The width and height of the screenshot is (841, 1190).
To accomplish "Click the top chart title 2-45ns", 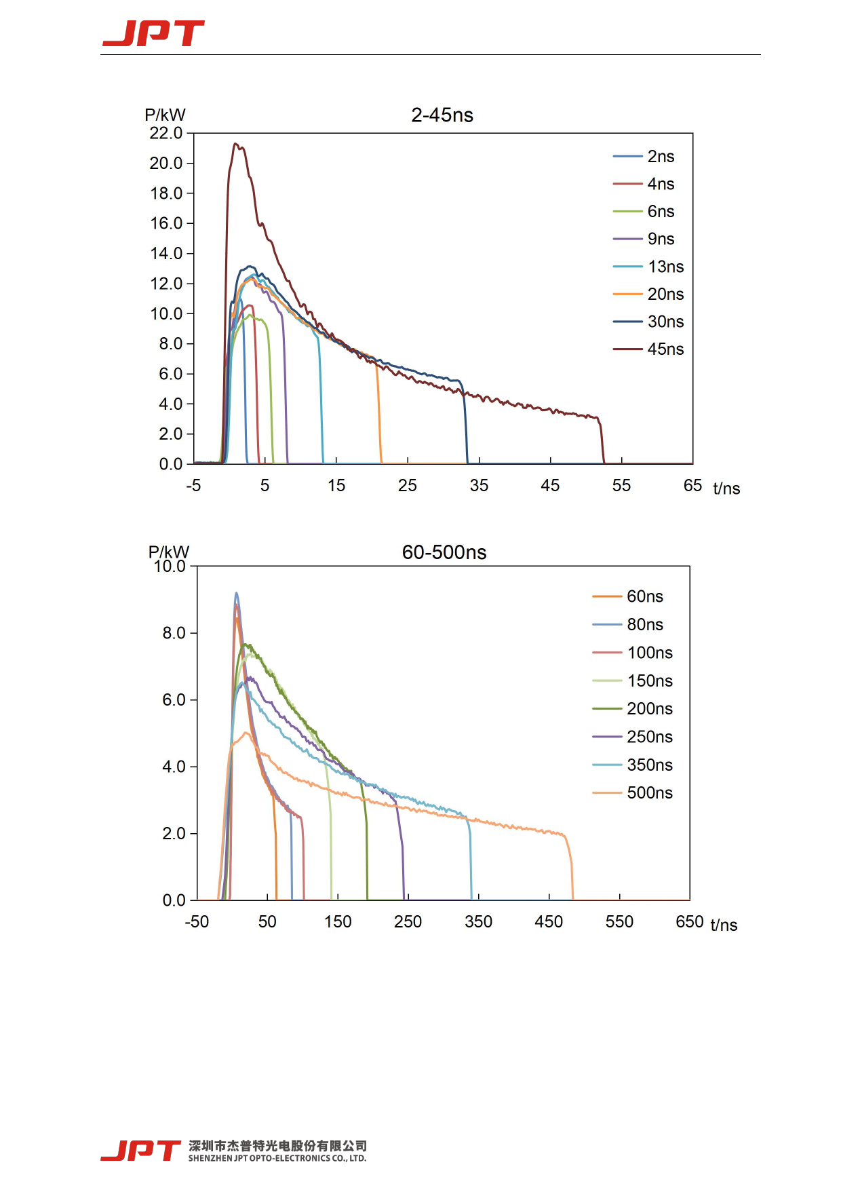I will click(442, 115).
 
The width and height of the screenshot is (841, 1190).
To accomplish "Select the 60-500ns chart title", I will click(444, 552).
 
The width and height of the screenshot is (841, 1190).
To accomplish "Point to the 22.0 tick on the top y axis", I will click(166, 133).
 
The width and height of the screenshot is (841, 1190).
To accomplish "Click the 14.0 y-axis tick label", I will click(166, 253).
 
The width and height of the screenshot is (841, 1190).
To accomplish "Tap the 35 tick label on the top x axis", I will click(479, 486).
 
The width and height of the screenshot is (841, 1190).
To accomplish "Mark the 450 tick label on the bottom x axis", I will click(549, 921).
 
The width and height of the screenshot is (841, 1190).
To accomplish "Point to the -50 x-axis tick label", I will click(197, 921).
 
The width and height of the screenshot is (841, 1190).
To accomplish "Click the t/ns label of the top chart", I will click(726, 488).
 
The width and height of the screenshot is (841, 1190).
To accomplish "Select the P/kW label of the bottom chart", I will click(168, 552).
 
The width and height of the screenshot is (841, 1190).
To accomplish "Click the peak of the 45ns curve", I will click(235, 144).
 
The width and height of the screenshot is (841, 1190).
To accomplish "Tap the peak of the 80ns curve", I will click(236, 593).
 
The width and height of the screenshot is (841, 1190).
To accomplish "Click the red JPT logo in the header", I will click(153, 33).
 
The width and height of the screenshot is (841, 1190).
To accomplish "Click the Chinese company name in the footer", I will click(277, 1146).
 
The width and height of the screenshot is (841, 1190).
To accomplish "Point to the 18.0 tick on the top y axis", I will click(166, 193).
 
